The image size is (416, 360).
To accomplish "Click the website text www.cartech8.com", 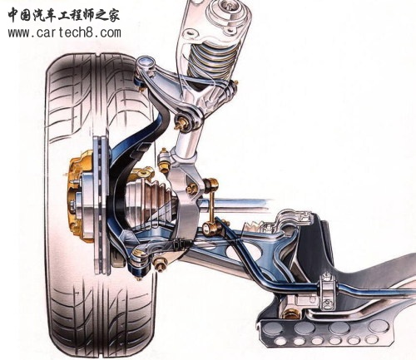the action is pyautogui.click(x=65, y=32).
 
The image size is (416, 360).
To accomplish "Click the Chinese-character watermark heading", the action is pyautogui.click(x=64, y=14).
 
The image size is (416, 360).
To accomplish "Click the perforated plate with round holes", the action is pyautogui.click(x=324, y=332).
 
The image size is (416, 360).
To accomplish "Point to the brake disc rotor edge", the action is pyautogui.click(x=100, y=205).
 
